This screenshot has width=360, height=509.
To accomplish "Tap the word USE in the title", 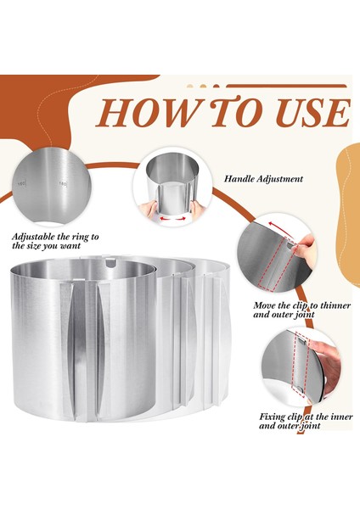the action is click(313, 114).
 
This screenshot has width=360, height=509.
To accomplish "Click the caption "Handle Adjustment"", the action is click(263, 178).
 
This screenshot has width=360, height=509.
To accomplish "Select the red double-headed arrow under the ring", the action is click(172, 219).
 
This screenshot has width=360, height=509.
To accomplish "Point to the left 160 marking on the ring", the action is click(22, 184).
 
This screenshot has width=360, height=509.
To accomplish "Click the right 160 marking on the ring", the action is click(62, 184).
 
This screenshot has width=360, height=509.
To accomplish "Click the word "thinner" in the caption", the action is click(335, 305).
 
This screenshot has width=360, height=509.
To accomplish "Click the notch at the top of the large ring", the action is click(110, 262).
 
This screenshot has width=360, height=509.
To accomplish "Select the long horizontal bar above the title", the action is click(287, 86).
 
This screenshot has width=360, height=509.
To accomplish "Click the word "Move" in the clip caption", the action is click(265, 305).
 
